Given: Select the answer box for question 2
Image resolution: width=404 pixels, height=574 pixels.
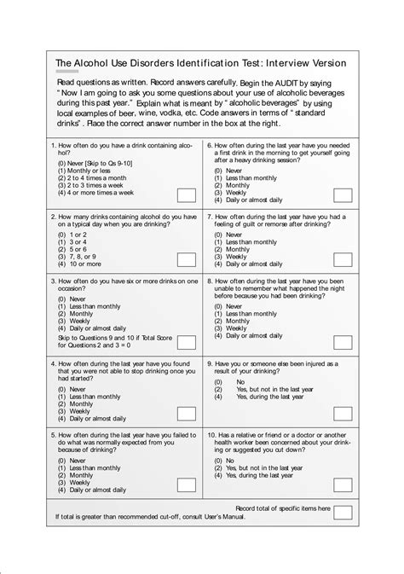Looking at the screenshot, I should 186,259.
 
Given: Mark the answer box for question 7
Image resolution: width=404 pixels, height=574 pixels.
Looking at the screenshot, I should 343,259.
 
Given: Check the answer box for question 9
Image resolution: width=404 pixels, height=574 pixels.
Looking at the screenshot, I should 343,413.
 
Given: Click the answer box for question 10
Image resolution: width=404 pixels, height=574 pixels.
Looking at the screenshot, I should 343,484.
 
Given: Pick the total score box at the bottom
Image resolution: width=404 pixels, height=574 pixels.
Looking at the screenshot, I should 343,513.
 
